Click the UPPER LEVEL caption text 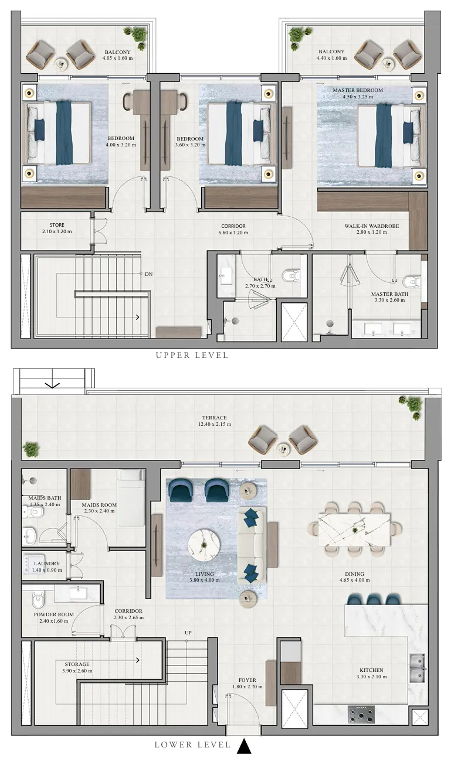[192, 355]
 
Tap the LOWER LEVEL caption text [192, 745]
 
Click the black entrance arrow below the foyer [244, 746]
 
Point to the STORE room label [57, 225]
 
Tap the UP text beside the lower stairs [188, 633]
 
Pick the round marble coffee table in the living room [203, 544]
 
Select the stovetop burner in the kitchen [361, 714]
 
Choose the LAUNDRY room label [47, 564]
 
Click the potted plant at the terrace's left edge [30, 449]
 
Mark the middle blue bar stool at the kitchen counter [374, 599]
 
